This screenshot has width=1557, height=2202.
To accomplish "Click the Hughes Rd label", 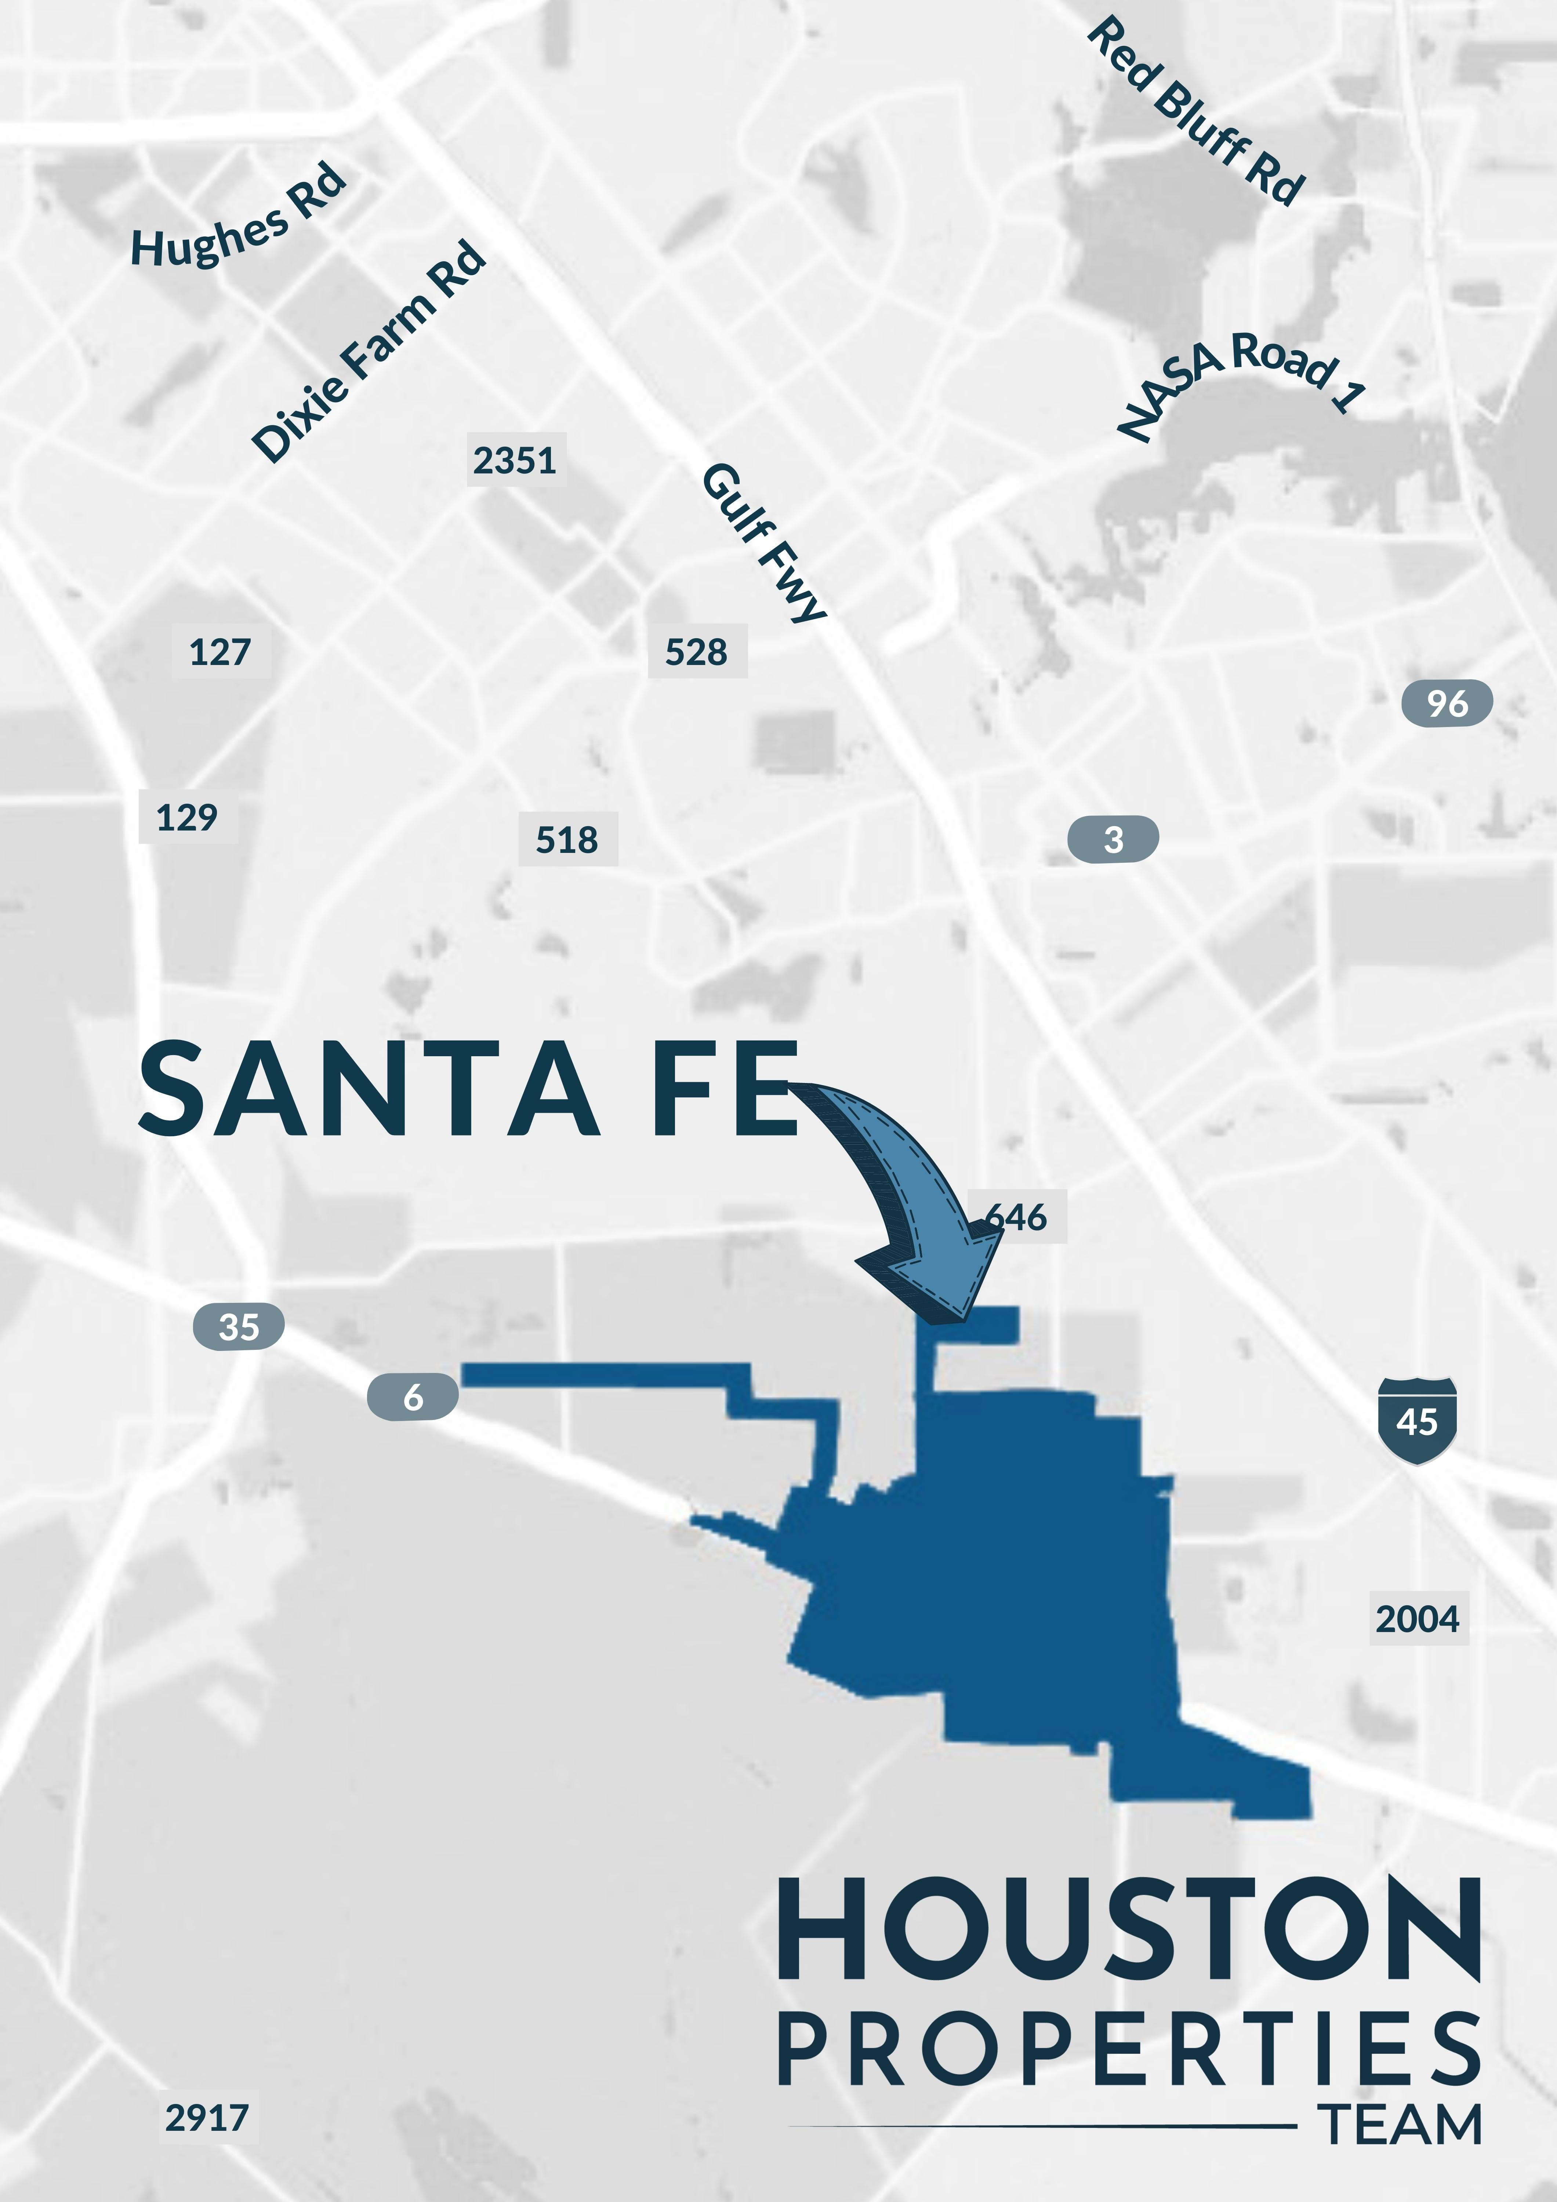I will pos(238,216).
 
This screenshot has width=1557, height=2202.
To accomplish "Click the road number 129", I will pos(187,817).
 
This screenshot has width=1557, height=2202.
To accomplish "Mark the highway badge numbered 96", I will pos(1447,703).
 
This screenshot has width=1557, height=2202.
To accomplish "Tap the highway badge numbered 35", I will pos(239,1326).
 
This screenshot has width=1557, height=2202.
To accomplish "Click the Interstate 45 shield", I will pos(1417,1420).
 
